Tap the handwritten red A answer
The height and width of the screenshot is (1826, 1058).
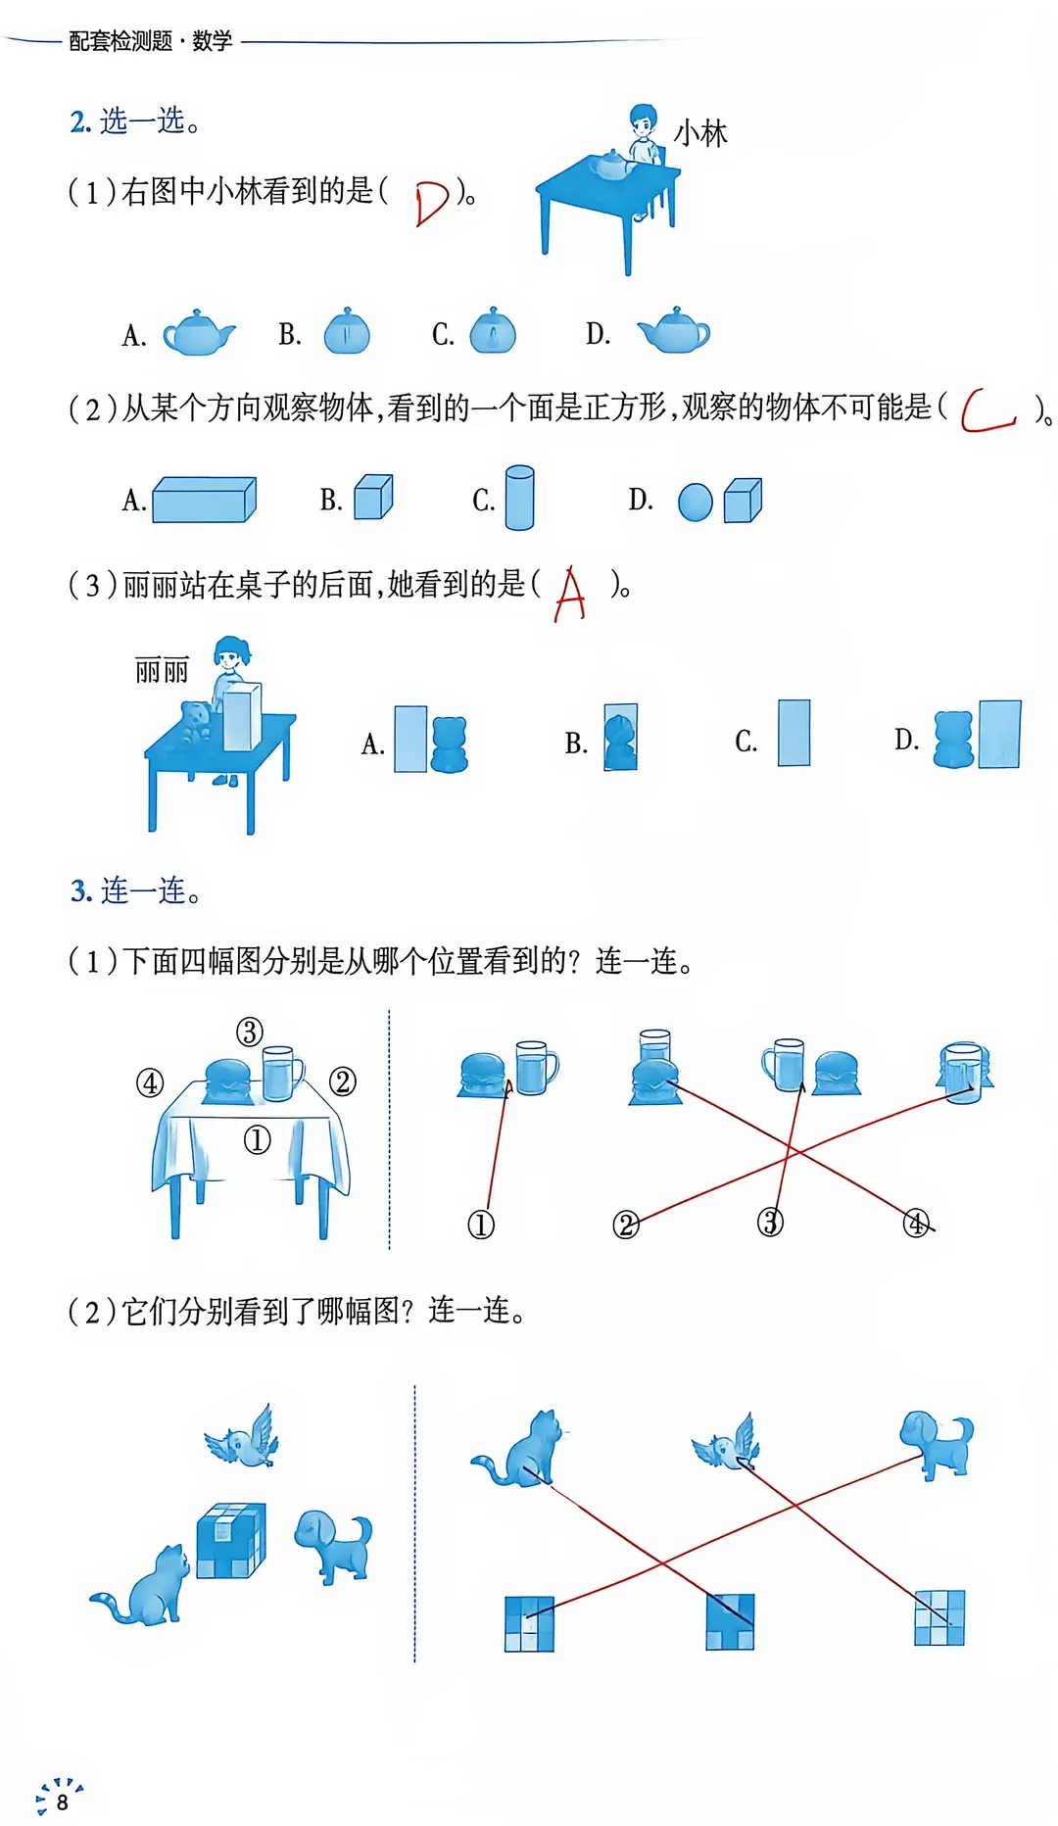point(570,595)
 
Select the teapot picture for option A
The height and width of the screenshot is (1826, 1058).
point(199,333)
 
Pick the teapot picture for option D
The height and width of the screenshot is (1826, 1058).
point(674,330)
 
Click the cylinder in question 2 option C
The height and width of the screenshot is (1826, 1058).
point(519,498)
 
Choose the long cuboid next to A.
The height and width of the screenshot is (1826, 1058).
point(204,500)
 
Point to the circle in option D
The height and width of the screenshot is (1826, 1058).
point(696,503)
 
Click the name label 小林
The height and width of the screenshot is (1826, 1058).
point(700,134)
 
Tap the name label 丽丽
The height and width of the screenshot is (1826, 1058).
point(162,671)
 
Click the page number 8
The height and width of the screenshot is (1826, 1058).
point(63,1802)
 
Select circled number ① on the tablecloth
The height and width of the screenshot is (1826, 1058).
point(257,1140)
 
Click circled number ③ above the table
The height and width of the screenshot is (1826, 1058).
point(250,1032)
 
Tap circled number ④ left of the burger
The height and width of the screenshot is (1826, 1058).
point(150,1083)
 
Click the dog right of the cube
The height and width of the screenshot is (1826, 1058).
point(334,1546)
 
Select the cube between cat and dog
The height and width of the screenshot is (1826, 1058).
point(231,1540)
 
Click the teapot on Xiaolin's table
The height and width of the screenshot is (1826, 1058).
point(613,166)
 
